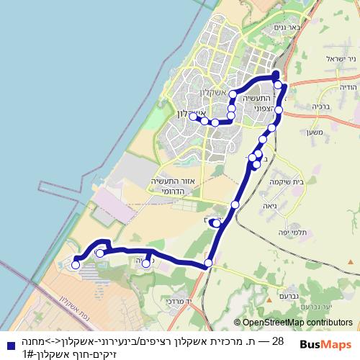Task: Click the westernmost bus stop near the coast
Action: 76,265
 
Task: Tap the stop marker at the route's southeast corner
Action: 208,264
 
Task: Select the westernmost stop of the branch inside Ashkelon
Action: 194,117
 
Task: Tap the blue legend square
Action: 7,341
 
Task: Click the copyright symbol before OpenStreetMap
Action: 238,323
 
